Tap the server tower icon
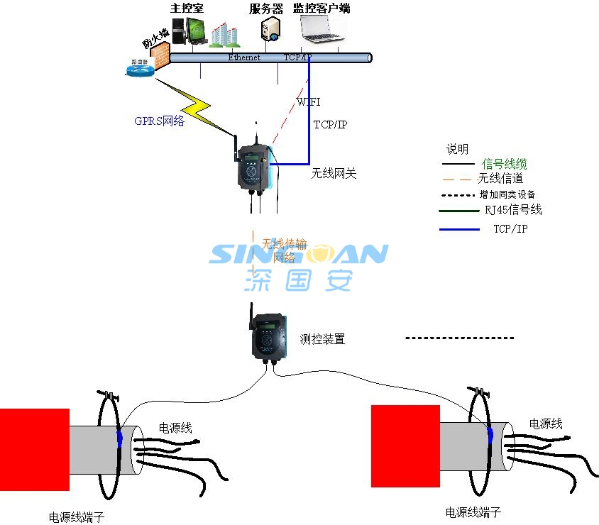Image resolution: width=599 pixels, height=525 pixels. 270,31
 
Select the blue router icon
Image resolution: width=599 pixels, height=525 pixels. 139,68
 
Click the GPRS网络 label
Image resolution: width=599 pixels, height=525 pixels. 160,121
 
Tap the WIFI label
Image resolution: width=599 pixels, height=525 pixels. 308,102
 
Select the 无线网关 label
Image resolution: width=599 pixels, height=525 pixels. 333,172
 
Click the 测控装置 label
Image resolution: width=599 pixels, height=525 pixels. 322,339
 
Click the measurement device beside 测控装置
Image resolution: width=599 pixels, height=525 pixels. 268,336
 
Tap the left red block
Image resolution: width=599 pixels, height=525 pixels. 34,449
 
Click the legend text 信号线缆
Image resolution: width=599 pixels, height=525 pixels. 504,164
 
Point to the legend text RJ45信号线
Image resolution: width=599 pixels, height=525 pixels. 512,210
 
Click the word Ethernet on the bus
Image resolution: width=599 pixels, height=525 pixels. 243,57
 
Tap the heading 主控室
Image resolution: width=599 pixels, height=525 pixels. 187,9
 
